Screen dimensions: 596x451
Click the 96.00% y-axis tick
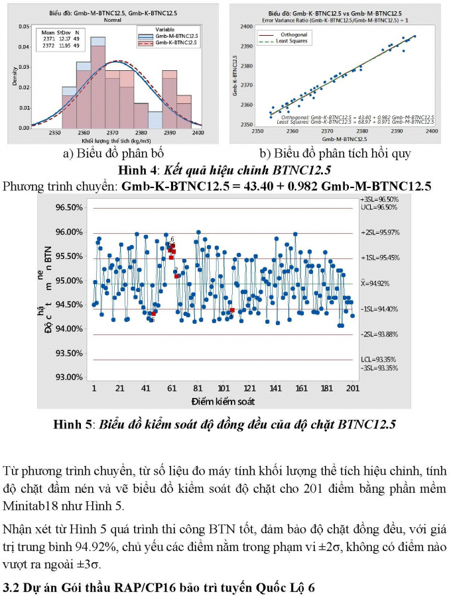click(x=69, y=232)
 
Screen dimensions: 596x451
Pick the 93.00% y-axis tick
click(x=69, y=377)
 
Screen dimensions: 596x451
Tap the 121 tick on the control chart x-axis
click(x=249, y=389)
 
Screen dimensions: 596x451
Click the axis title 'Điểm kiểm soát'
click(x=223, y=401)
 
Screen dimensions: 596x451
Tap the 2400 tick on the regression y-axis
click(x=245, y=27)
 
